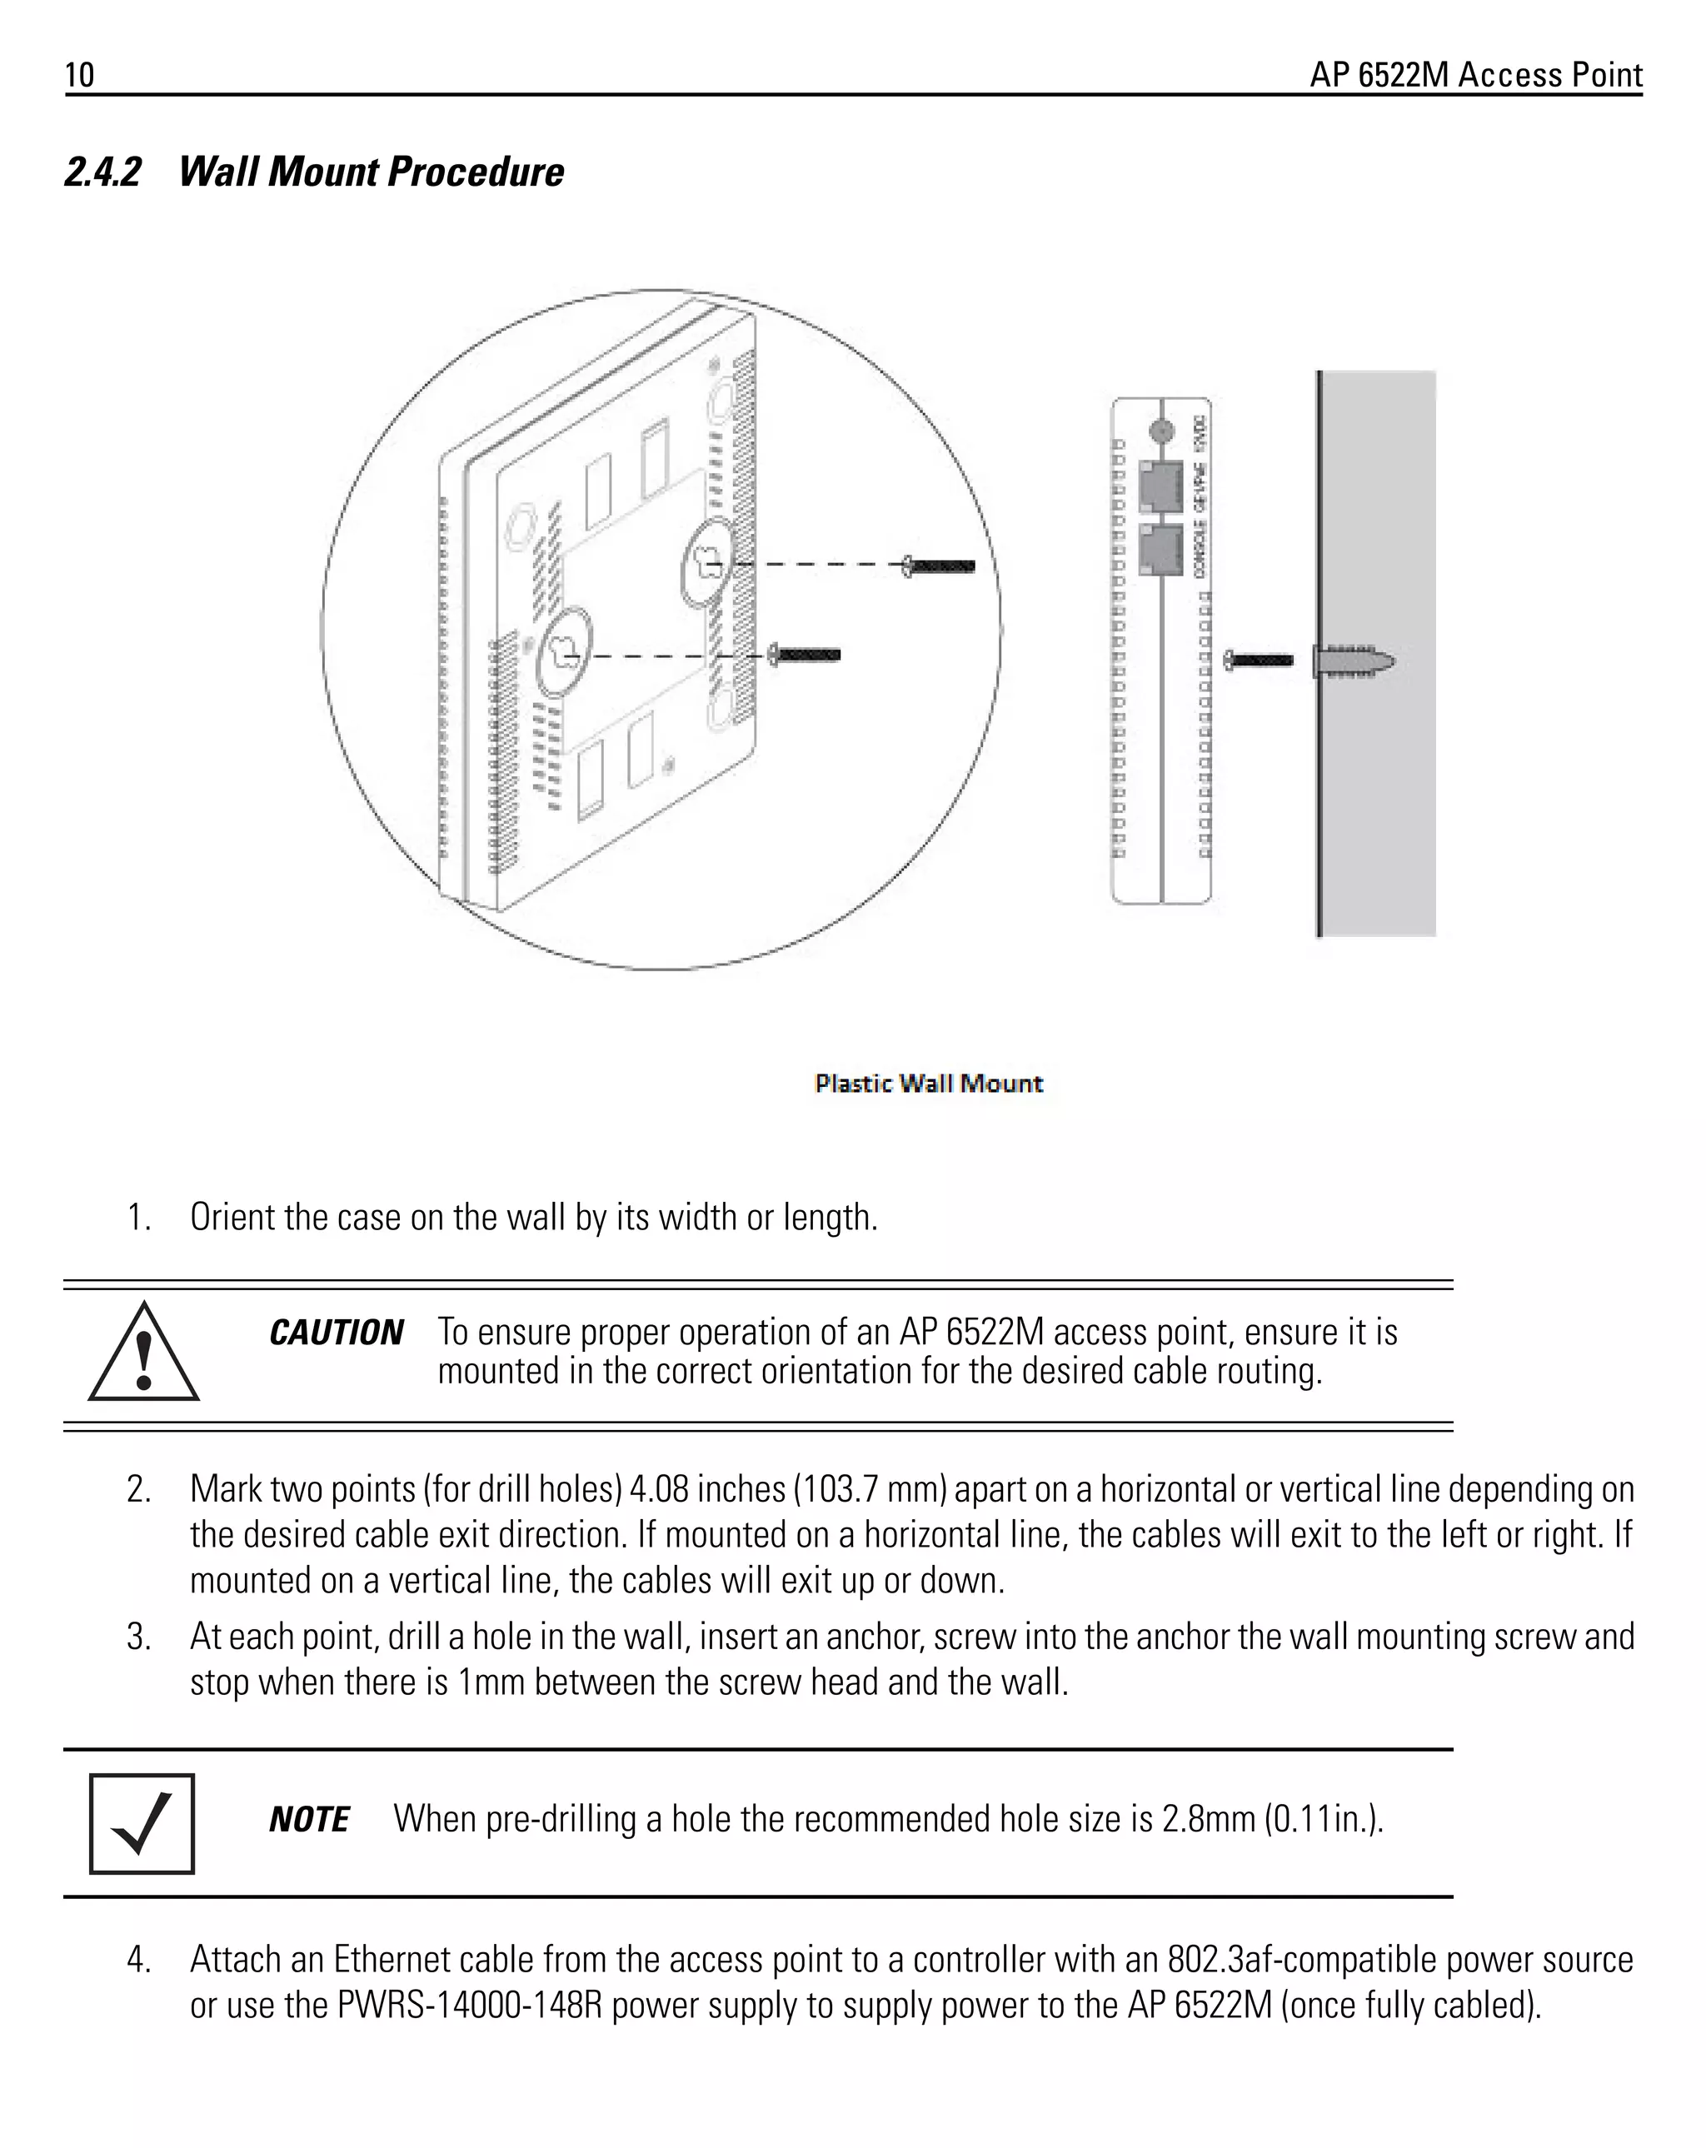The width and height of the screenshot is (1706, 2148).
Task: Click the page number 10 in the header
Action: click(x=80, y=76)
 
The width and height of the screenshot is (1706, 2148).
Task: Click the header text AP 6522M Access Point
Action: click(x=1474, y=76)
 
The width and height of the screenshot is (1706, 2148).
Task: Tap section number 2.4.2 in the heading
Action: click(x=102, y=172)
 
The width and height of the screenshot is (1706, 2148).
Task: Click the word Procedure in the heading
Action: click(x=476, y=172)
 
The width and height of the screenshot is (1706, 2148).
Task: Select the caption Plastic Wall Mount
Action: click(x=928, y=1083)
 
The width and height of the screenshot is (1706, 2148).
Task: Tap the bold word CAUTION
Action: click(x=336, y=1333)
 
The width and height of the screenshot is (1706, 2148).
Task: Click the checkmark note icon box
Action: click(x=142, y=1823)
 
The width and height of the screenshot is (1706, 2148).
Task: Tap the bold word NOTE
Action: click(x=309, y=1820)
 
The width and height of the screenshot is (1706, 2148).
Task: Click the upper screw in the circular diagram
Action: click(x=939, y=566)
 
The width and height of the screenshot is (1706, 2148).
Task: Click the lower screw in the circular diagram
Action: click(x=806, y=655)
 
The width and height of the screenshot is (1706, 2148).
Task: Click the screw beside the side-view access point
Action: click(x=1259, y=660)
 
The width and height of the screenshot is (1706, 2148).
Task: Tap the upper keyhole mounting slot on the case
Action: click(x=709, y=564)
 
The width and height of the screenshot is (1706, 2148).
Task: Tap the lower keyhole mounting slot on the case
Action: click(x=564, y=655)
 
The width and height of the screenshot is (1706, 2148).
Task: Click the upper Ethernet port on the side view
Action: click(x=1160, y=486)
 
